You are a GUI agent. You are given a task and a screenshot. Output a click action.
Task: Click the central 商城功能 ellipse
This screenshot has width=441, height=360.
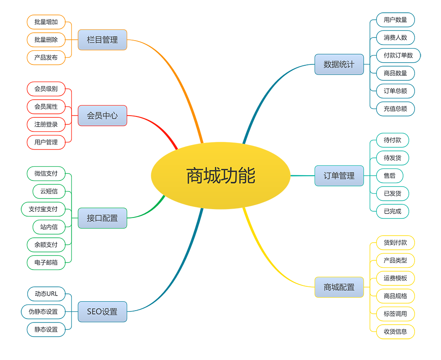pyautogui.click(x=220, y=176)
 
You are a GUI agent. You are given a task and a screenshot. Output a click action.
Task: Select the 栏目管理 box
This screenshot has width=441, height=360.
pyautogui.click(x=102, y=40)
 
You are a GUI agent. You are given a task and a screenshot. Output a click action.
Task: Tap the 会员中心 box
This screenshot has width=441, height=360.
pyautogui.click(x=102, y=116)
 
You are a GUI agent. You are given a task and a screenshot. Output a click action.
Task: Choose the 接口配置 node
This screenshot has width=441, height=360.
pyautogui.click(x=102, y=218)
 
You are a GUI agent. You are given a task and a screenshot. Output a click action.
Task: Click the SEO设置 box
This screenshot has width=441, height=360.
pyautogui.click(x=102, y=311)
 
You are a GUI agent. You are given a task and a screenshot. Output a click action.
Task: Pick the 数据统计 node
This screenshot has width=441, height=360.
pyautogui.click(x=339, y=64)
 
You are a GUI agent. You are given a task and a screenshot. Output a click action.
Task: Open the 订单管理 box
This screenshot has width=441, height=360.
pyautogui.click(x=339, y=176)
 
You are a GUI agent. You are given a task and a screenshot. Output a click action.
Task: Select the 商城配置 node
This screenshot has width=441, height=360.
pyautogui.click(x=339, y=287)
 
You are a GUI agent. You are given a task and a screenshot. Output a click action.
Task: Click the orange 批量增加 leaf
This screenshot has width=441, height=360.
pyautogui.click(x=46, y=22)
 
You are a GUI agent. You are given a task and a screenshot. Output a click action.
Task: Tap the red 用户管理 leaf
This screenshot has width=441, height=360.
pyautogui.click(x=46, y=142)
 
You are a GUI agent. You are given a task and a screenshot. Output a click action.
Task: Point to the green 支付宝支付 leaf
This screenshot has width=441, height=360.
pyautogui.click(x=43, y=209)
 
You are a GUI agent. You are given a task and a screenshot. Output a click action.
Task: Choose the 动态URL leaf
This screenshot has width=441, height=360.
pyautogui.click(x=46, y=294)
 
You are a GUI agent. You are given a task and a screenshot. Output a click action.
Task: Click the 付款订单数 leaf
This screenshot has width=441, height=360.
pyautogui.click(x=398, y=56)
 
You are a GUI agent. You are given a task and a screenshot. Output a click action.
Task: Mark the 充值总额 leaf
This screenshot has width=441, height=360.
pyautogui.click(x=396, y=109)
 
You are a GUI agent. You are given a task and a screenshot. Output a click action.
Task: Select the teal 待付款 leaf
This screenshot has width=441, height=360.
pyautogui.click(x=392, y=140)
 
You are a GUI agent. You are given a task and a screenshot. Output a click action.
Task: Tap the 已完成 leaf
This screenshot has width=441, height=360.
pyautogui.click(x=392, y=211)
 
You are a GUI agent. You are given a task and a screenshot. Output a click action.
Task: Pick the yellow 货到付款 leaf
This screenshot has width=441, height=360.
pyautogui.click(x=396, y=243)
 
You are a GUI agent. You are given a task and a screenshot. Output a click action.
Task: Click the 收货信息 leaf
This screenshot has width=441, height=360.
pyautogui.click(x=396, y=331)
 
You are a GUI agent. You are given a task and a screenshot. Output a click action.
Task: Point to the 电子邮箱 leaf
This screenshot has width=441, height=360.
pyautogui.click(x=46, y=262)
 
